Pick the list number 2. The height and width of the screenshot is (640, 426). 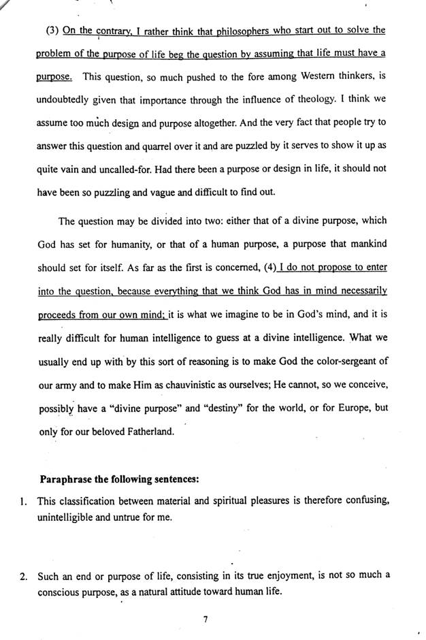(23, 577)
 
